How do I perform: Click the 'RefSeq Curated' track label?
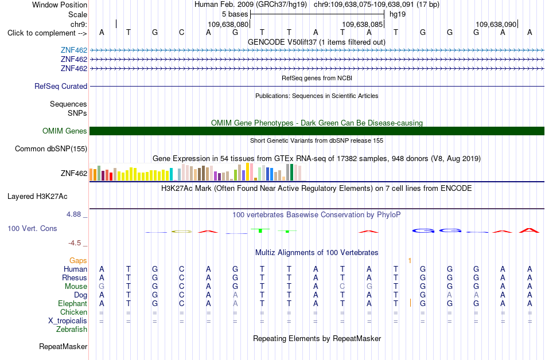pos(61,86)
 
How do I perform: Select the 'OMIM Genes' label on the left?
pos(65,131)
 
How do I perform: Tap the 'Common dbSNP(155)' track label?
pos(51,148)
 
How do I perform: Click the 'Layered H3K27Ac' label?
pos(37,197)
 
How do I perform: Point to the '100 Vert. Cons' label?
pos(32,228)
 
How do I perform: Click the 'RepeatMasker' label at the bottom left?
pos(63,346)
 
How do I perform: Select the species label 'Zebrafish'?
pos(72,329)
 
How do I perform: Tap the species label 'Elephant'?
pos(72,303)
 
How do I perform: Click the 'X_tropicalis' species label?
pos(68,321)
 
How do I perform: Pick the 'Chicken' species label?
pos(73,312)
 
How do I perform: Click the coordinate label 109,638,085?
pos(362,24)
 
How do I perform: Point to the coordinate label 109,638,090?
pos(496,24)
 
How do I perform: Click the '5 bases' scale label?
pos(235,14)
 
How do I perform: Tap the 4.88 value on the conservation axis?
pos(73,214)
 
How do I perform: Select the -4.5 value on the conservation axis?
pos(75,243)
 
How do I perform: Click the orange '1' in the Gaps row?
pos(410,260)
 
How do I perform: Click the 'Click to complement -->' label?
pos(47,33)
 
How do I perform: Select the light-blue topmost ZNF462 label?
pos(74,50)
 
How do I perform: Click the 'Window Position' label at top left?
pos(60,5)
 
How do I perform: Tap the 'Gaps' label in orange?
pos(78,260)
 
